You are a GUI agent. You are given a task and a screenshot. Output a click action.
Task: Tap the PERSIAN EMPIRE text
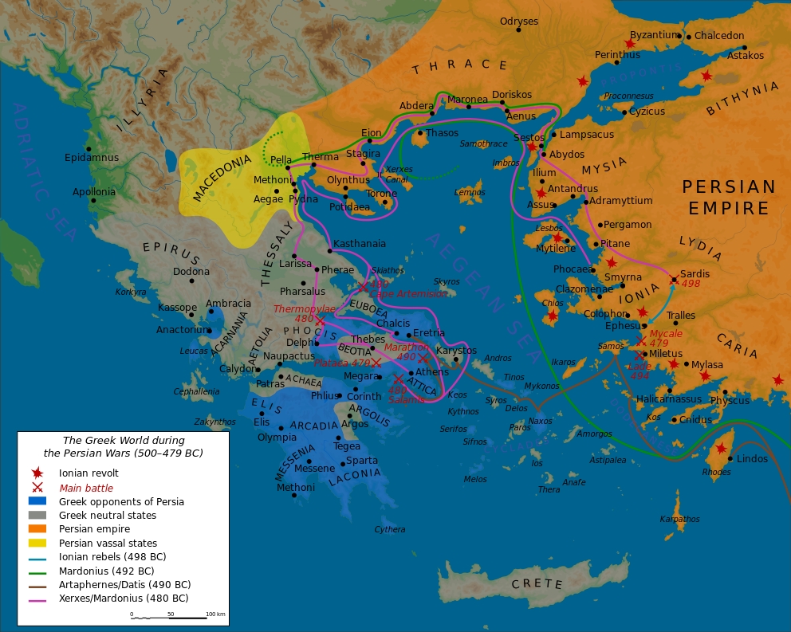pyautogui.click(x=728, y=198)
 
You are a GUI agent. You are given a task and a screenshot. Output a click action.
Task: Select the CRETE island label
pyautogui.click(x=537, y=584)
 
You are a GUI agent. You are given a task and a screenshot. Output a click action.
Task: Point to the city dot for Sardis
pyautogui.click(x=675, y=280)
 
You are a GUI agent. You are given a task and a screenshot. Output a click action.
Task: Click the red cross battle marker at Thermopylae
pyautogui.click(x=321, y=321)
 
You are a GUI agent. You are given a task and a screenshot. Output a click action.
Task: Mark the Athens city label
pyautogui.click(x=432, y=372)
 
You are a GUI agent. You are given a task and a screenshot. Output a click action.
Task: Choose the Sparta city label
pyautogui.click(x=362, y=461)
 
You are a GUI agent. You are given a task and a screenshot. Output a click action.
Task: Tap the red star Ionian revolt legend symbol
pyautogui.click(x=37, y=473)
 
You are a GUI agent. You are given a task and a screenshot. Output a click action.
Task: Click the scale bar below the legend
pyautogui.click(x=179, y=617)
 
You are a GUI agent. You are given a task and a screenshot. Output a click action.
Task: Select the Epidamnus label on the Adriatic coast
pyautogui.click(x=91, y=158)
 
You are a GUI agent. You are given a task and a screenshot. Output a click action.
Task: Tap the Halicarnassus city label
pyautogui.click(x=669, y=399)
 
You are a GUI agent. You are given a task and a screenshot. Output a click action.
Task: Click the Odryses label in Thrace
pyautogui.click(x=518, y=22)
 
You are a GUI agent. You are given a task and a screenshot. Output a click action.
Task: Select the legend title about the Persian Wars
pyautogui.click(x=124, y=446)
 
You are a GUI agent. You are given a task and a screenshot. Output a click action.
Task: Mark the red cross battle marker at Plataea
pyautogui.click(x=376, y=363)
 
